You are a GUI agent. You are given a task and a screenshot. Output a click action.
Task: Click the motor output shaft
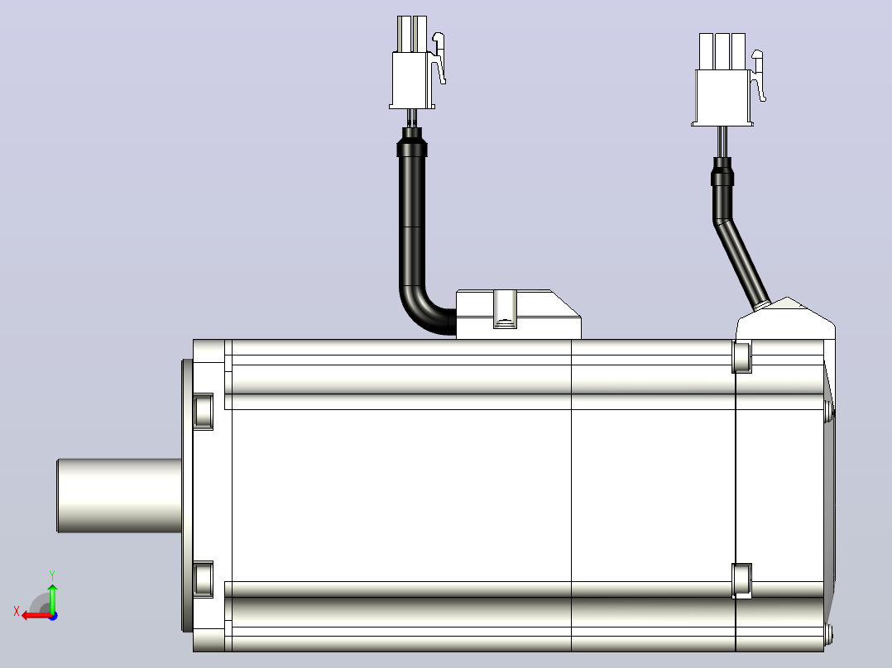119,496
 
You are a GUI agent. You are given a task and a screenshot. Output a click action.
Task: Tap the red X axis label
17,612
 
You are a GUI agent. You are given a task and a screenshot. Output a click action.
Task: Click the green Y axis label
52,575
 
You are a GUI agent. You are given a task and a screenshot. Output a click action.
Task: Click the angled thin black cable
740,261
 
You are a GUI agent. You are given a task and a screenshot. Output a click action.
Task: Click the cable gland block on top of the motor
518,314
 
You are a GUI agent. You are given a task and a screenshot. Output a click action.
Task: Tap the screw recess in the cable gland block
505,309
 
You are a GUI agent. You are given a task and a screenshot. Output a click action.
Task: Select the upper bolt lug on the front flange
203,411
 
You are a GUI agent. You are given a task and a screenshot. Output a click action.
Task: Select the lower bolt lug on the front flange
203,580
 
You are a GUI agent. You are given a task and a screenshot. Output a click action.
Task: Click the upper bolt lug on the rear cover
741,357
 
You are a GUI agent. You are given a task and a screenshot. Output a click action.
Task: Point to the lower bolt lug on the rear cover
741,580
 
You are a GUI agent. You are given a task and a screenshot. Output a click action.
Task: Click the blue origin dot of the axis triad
53,616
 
